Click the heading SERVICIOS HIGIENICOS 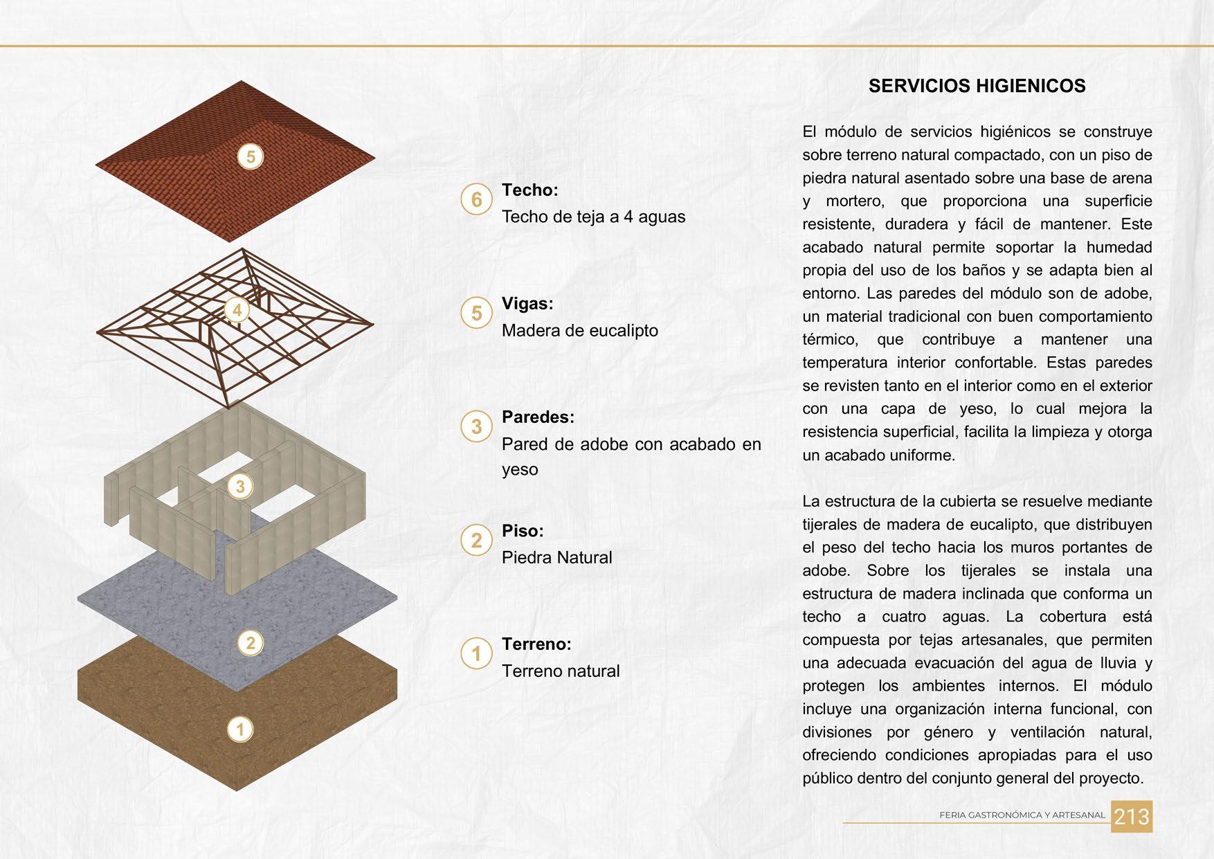[x=977, y=86]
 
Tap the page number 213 [x=1132, y=817]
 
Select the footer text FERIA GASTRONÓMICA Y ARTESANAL [x=1022, y=815]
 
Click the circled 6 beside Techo [x=476, y=199]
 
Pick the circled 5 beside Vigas [x=476, y=313]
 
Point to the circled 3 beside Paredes [x=476, y=426]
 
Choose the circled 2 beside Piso [x=476, y=540]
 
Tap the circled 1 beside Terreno [x=476, y=653]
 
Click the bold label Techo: [x=529, y=190]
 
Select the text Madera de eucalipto [x=579, y=330]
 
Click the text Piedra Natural [x=556, y=557]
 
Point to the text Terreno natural [x=561, y=671]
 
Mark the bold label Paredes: [x=538, y=417]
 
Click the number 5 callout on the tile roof [x=251, y=156]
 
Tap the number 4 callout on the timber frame [x=237, y=310]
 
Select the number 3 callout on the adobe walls [x=240, y=486]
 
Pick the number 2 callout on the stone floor [x=251, y=643]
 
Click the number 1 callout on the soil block [x=240, y=729]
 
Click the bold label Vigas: [x=527, y=303]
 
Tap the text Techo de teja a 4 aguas [x=593, y=217]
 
